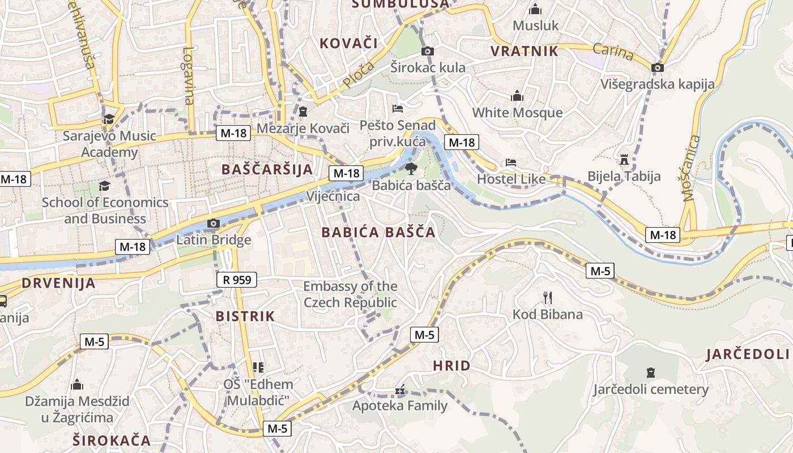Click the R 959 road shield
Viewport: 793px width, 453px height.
click(x=237, y=279)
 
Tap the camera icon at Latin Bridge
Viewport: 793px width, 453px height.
click(x=214, y=224)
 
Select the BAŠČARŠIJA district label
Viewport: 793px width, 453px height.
click(x=267, y=169)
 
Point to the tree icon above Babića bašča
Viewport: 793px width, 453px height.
click(x=411, y=168)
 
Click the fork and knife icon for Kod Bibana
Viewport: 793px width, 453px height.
click(x=547, y=298)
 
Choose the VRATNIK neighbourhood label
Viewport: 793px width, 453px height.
click(x=525, y=51)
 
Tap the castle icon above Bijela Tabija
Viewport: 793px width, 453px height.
click(x=624, y=159)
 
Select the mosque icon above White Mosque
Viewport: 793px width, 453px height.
click(x=517, y=96)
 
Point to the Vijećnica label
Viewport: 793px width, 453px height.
click(x=333, y=196)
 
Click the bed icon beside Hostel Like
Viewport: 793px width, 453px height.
click(x=511, y=163)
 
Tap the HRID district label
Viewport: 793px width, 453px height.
click(x=451, y=366)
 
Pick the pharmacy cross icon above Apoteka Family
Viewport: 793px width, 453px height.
click(x=400, y=390)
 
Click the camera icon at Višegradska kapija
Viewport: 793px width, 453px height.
click(x=658, y=67)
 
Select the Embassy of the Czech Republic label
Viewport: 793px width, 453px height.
click(x=351, y=294)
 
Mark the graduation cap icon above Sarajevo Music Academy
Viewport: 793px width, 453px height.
click(x=108, y=119)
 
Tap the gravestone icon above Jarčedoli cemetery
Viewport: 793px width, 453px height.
click(x=651, y=373)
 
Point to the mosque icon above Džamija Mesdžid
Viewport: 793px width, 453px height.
click(x=77, y=385)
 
